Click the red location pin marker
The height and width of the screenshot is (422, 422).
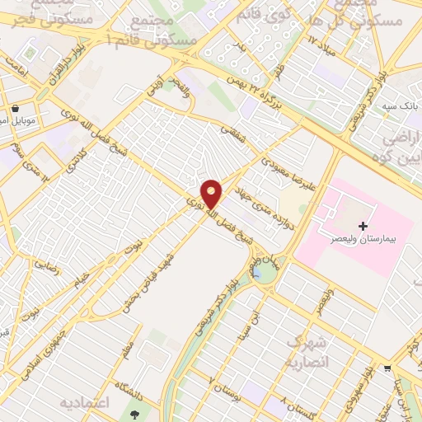212,193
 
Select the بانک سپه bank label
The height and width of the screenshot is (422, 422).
396,107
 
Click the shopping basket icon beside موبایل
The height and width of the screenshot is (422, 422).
16,108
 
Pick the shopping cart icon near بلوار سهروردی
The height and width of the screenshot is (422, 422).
387,369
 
